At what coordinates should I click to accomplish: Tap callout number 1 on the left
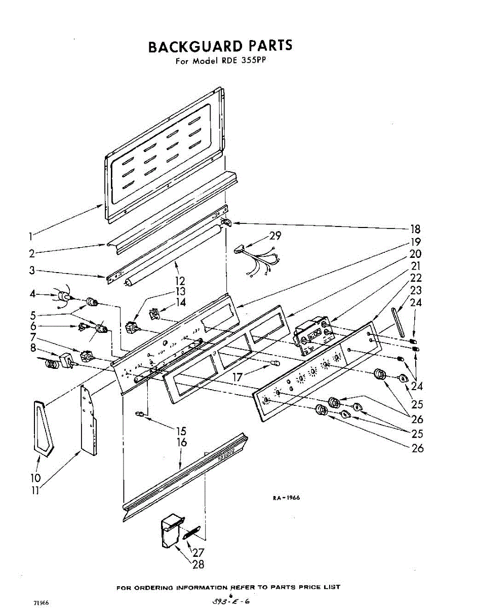31,236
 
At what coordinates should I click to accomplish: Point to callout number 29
275,236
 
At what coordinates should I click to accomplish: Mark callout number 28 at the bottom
198,564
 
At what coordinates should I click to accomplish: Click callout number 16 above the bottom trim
181,443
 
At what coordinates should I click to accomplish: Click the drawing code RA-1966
286,498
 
